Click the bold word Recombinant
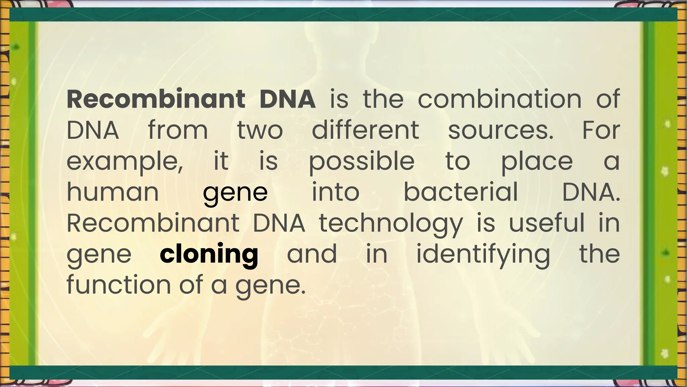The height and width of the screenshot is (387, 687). (x=156, y=99)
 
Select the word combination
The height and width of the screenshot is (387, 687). (x=499, y=99)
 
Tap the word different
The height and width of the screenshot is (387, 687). (x=365, y=130)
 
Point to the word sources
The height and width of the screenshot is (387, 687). (x=500, y=130)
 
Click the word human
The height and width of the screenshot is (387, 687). (x=113, y=192)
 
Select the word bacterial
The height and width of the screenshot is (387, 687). (x=461, y=192)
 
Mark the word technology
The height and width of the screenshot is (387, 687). (x=391, y=223)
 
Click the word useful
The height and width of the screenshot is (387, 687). (x=546, y=223)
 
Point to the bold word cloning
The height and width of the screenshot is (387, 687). (x=209, y=254)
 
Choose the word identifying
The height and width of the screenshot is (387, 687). (x=483, y=254)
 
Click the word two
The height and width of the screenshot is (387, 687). (x=260, y=130)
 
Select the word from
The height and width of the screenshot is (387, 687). (x=178, y=130)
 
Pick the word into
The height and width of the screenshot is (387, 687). (x=335, y=192)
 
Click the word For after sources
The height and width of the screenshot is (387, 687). (x=601, y=130)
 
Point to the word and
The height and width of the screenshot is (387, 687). (x=312, y=254)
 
